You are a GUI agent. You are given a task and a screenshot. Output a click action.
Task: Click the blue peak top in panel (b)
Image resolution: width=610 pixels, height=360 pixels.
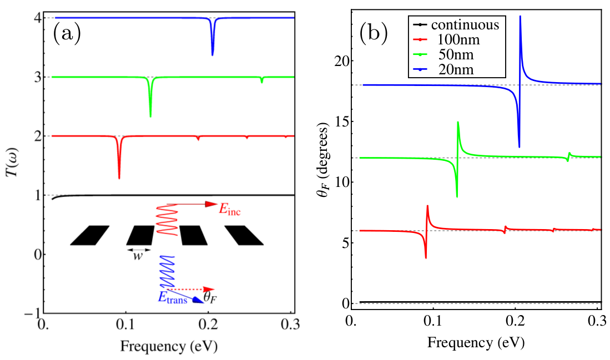[x=520, y=18]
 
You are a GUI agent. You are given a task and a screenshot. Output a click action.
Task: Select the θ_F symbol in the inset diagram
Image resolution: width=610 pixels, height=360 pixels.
[x=209, y=299]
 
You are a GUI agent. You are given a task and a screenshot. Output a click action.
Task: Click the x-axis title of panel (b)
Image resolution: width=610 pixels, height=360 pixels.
[x=476, y=342]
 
